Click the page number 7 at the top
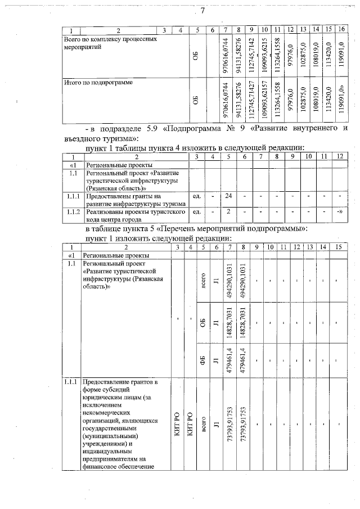pyautogui.click(x=202, y=11)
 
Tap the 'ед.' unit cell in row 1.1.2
pyautogui.click(x=197, y=211)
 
